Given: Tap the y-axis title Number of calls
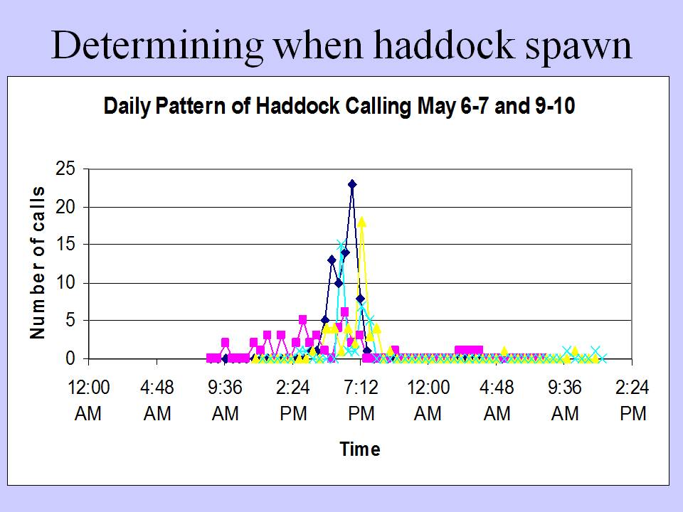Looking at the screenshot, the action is coord(38,262).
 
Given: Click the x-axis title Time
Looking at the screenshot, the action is coord(360,449).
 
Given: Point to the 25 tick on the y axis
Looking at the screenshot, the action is coord(65,169).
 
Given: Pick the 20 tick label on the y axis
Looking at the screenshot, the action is coord(65,207).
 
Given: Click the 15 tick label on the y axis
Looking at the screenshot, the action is coord(65,245).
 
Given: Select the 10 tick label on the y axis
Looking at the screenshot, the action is coord(65,283).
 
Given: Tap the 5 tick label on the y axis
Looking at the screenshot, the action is coord(70,321).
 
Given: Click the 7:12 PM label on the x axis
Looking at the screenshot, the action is coord(361,400).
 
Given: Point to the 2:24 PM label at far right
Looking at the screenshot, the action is coord(632,400).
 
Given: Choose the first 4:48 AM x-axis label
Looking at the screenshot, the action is coord(157,400).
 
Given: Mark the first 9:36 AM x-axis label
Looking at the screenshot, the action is coord(226,400).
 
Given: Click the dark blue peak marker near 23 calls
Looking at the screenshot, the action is coord(352,184).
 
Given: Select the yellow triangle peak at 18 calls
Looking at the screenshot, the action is coord(361,223).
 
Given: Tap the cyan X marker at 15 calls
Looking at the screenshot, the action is coord(341,244).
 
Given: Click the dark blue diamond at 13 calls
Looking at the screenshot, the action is coord(332,260).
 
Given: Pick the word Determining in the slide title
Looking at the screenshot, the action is coord(157,46).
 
